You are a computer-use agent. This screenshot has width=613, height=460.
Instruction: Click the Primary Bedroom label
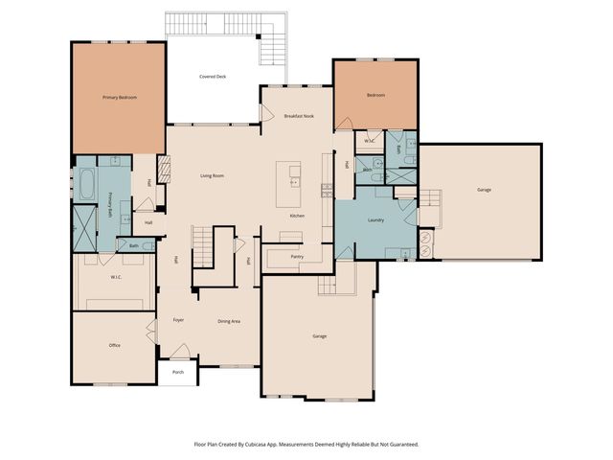coord(120,98)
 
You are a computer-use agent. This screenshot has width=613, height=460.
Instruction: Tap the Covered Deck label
coord(213,76)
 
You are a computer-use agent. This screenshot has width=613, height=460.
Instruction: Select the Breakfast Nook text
coord(299,116)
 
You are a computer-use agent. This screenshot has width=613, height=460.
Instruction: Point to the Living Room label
coord(212,176)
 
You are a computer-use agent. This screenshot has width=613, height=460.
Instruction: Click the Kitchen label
coord(298,216)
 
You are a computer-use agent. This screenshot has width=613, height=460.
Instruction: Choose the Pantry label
coord(297,256)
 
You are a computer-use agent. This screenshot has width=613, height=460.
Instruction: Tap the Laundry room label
coord(375,219)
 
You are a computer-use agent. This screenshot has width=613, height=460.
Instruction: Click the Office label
coord(114,345)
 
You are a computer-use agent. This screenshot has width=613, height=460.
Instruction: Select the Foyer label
coord(178,320)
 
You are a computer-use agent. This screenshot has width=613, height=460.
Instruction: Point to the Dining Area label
coord(228,321)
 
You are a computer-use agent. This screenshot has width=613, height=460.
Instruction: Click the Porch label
coord(178,372)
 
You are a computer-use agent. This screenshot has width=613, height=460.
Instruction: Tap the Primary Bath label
coord(111,205)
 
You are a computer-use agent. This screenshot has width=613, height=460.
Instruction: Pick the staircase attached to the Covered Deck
coord(272,43)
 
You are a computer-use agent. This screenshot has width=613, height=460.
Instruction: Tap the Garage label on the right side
coord(485,190)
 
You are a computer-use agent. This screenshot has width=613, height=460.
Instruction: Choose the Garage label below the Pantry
coord(319,336)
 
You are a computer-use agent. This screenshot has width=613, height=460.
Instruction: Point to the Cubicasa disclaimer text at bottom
coord(306,445)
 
